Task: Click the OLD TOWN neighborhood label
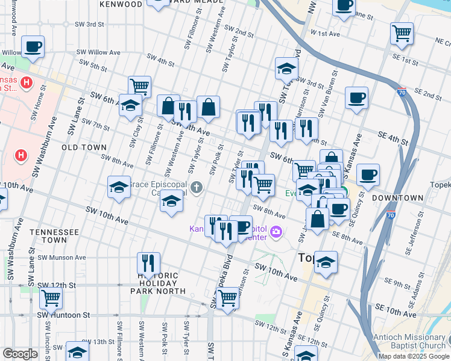pos(84,147)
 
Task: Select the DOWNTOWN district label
pos(397,197)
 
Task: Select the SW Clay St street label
pos(133,133)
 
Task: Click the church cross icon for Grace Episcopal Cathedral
pos(196,188)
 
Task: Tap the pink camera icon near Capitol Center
pos(277,231)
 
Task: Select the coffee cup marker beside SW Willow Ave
pos(33,46)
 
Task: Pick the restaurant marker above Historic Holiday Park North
pos(148,262)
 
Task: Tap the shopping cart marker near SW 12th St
pos(227,297)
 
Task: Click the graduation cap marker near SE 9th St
pos(326,262)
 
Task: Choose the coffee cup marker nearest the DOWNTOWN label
pos(367,175)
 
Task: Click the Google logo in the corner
pos(20,354)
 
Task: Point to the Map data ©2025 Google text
pos(413,356)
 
